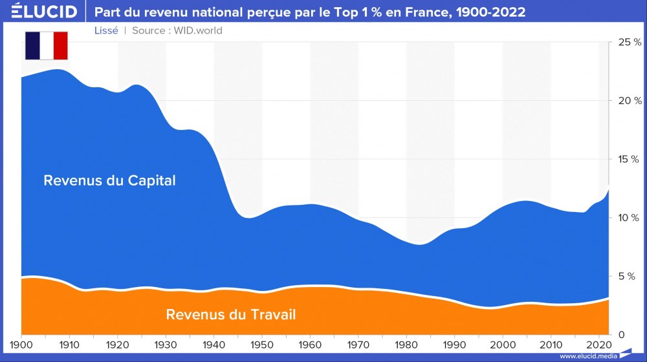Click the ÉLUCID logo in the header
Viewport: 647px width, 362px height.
click(x=40, y=12)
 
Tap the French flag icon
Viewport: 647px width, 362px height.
click(x=46, y=45)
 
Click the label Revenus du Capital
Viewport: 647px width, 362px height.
click(x=109, y=180)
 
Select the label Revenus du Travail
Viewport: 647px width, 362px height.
click(x=231, y=315)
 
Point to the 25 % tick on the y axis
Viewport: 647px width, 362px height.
click(x=630, y=42)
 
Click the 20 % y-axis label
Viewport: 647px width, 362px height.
click(x=630, y=101)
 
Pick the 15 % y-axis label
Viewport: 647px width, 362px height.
click(x=630, y=159)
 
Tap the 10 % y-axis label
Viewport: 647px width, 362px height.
click(x=630, y=218)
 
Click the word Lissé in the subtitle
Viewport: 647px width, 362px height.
click(x=106, y=30)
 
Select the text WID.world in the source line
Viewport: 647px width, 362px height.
click(x=198, y=30)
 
